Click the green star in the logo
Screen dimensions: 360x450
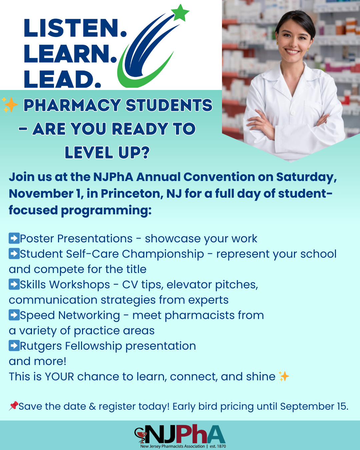click(180, 13)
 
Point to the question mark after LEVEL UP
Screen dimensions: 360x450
click(145, 152)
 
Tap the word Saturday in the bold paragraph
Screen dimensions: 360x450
click(306, 177)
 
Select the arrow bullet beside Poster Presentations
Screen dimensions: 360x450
click(14, 238)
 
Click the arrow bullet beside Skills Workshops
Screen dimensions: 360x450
click(14, 284)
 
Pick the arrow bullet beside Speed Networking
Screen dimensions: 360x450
click(14, 315)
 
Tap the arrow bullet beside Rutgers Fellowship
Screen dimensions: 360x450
click(14, 346)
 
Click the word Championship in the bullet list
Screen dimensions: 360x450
click(163, 254)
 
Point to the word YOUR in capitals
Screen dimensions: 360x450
click(59, 377)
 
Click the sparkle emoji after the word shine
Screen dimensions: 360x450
click(284, 376)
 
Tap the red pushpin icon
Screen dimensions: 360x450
click(14, 406)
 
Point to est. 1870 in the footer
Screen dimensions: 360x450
click(218, 446)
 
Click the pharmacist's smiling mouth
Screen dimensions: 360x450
click(292, 51)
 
